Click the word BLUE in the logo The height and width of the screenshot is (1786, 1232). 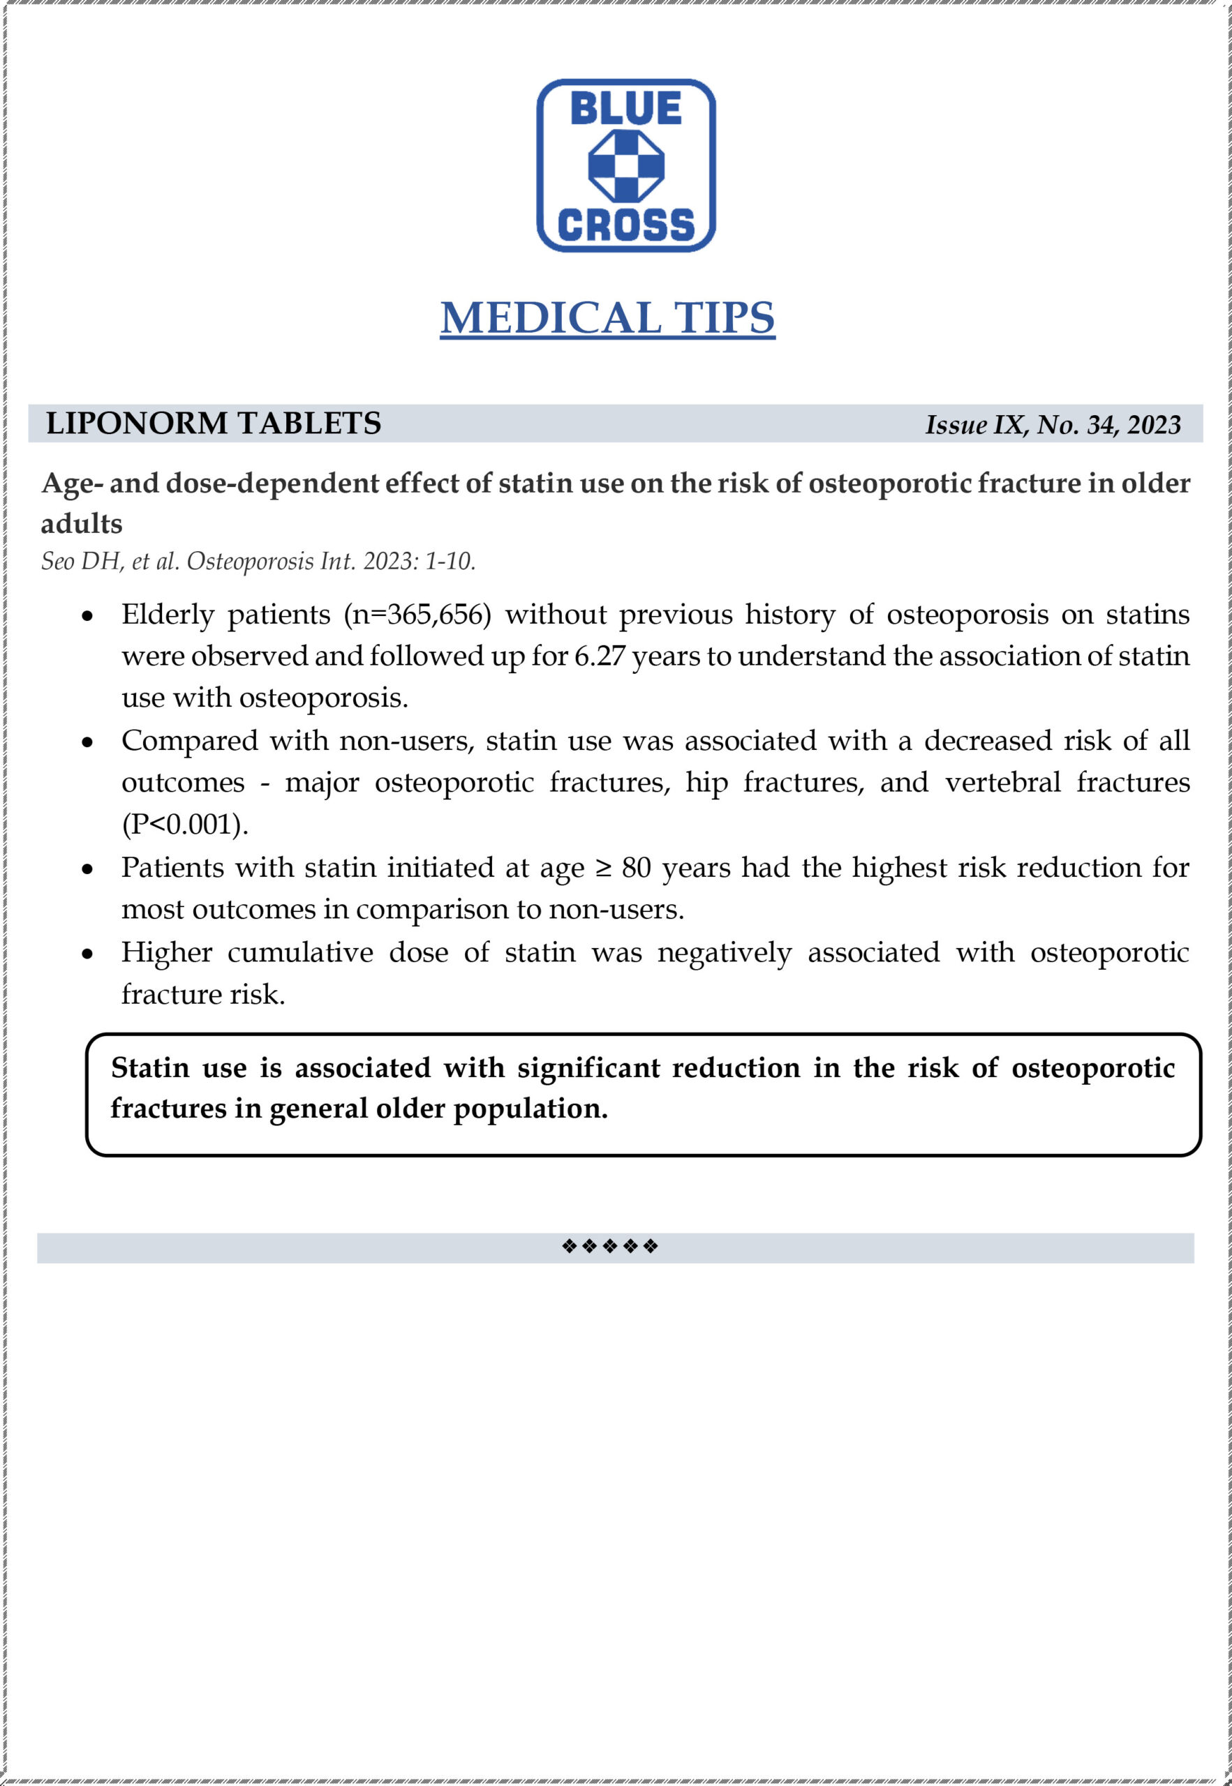point(625,109)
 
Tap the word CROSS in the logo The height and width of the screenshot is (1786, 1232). point(625,225)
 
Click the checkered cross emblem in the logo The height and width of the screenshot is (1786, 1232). point(626,166)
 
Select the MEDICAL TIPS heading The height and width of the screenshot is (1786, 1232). point(607,318)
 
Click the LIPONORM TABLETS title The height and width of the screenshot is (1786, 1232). point(213,423)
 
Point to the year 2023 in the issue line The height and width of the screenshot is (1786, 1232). point(1153,425)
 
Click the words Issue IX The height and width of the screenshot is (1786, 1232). point(976,425)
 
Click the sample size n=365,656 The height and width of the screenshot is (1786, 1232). point(417,615)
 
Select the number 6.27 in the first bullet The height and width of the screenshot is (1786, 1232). point(600,656)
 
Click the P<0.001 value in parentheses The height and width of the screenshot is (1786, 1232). point(185,825)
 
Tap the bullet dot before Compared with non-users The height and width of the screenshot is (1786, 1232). point(88,743)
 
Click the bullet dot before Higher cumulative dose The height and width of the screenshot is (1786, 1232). point(88,954)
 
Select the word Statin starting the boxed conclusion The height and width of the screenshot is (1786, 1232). point(150,1069)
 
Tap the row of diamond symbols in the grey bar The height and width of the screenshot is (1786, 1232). point(610,1246)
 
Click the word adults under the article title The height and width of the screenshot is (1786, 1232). point(82,524)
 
